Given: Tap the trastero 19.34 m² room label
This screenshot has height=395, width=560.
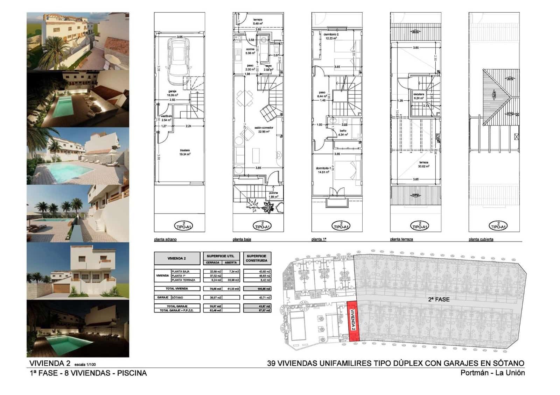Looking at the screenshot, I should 185,152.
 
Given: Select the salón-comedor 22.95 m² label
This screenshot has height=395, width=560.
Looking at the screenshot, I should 264,130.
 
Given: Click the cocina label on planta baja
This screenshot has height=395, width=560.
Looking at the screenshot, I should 250,51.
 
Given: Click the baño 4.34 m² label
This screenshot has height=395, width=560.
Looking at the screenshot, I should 343,132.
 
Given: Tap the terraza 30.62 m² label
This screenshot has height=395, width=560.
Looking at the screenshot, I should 423,164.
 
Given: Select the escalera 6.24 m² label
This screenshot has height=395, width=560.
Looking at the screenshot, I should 419,96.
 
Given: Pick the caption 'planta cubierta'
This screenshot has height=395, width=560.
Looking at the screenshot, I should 481,239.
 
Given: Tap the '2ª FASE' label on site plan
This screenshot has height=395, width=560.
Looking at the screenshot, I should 439,300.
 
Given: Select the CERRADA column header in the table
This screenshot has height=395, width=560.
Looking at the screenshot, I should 212,263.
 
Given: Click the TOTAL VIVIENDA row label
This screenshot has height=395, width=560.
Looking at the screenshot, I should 177,289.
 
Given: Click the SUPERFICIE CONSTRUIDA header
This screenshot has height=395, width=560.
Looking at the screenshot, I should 257,258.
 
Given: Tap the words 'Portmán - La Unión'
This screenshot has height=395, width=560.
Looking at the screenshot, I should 492,373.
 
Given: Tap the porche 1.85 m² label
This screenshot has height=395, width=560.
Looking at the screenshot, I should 273,195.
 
